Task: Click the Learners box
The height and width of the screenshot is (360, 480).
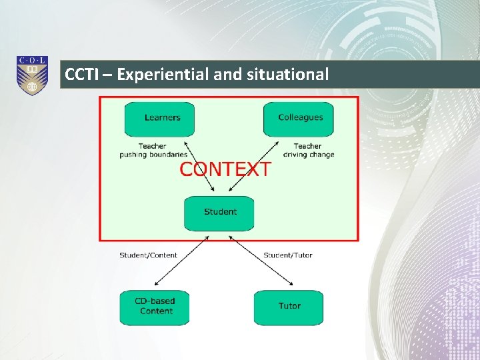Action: tap(159, 119)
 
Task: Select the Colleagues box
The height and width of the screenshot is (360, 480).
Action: tap(299, 119)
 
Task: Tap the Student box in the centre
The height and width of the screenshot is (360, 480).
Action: tap(219, 213)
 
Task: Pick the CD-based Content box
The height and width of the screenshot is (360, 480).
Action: tap(155, 307)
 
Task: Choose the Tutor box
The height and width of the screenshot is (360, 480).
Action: tap(289, 307)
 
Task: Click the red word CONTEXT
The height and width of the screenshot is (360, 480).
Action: tap(225, 169)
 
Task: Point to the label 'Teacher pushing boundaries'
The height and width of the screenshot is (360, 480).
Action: tap(153, 151)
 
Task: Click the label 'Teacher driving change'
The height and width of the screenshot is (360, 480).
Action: tap(308, 151)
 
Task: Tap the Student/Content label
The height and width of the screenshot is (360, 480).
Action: tap(148, 255)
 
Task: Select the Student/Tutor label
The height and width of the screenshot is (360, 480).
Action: tap(287, 255)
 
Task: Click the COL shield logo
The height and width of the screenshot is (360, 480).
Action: tap(32, 75)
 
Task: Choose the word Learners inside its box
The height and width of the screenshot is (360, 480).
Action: tap(162, 118)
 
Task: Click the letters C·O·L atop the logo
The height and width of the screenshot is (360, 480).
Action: tap(32, 61)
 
